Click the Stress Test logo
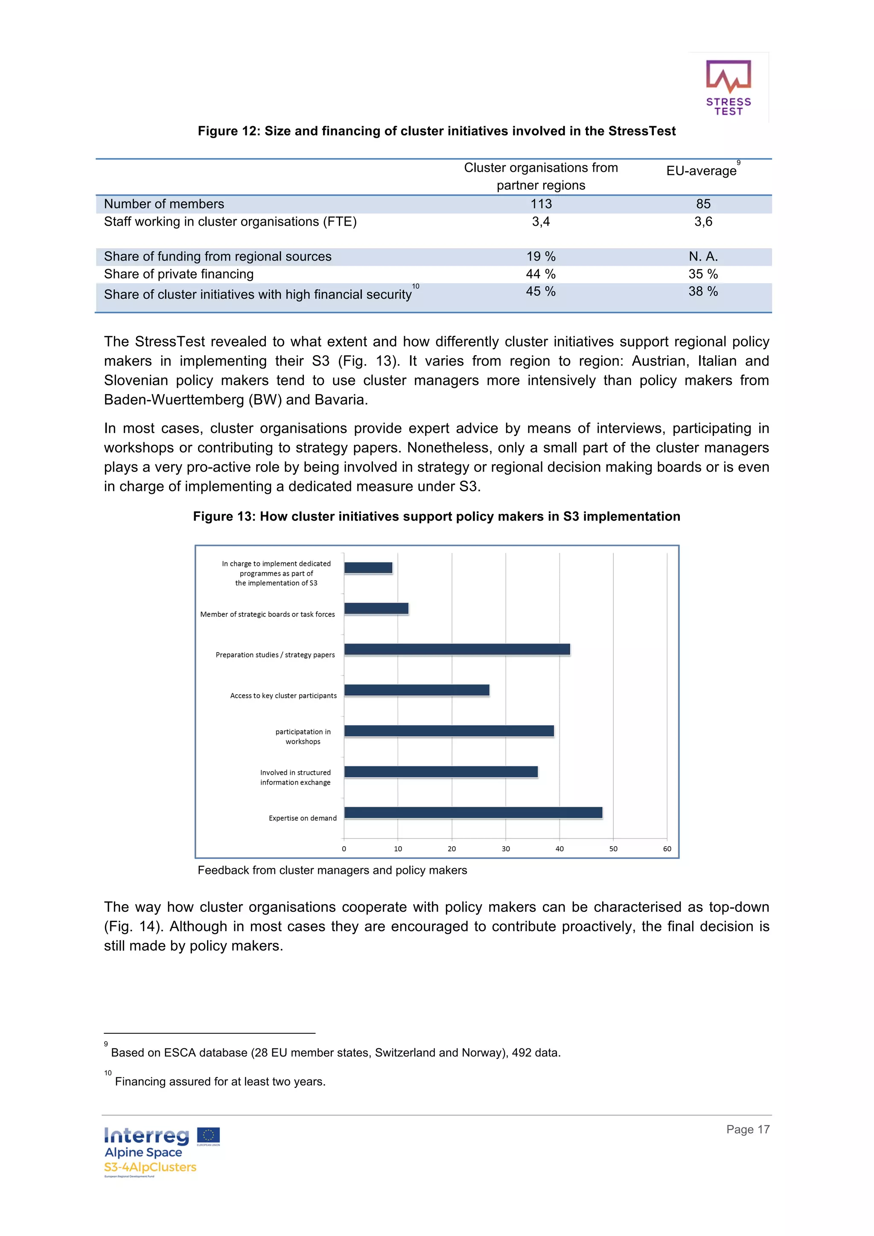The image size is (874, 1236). (728, 87)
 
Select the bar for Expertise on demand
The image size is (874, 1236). (473, 812)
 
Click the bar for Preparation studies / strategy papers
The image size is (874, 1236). (457, 649)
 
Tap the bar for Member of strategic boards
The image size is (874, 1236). (376, 608)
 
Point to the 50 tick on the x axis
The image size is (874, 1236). (613, 848)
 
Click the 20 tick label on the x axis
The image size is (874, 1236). (452, 848)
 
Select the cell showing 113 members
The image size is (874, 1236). (541, 204)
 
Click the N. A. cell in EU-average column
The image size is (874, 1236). (703, 256)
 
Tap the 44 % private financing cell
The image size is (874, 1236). (541, 274)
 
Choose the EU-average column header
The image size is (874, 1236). (701, 171)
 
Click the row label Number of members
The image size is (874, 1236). (164, 204)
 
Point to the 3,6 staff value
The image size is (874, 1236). (703, 222)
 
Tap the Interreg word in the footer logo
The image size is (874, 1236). (146, 1135)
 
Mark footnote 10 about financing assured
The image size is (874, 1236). (220, 1082)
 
